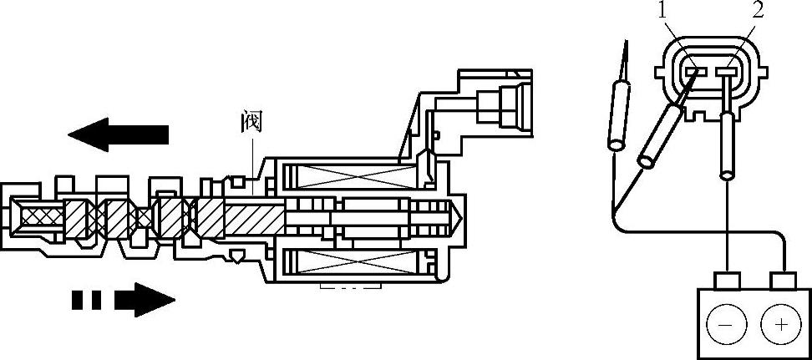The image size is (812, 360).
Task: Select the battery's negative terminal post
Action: pyautogui.click(x=730, y=277)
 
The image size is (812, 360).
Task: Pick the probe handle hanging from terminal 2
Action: pyautogui.click(x=727, y=146)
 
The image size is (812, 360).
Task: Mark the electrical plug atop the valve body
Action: pyautogui.click(x=498, y=104)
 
